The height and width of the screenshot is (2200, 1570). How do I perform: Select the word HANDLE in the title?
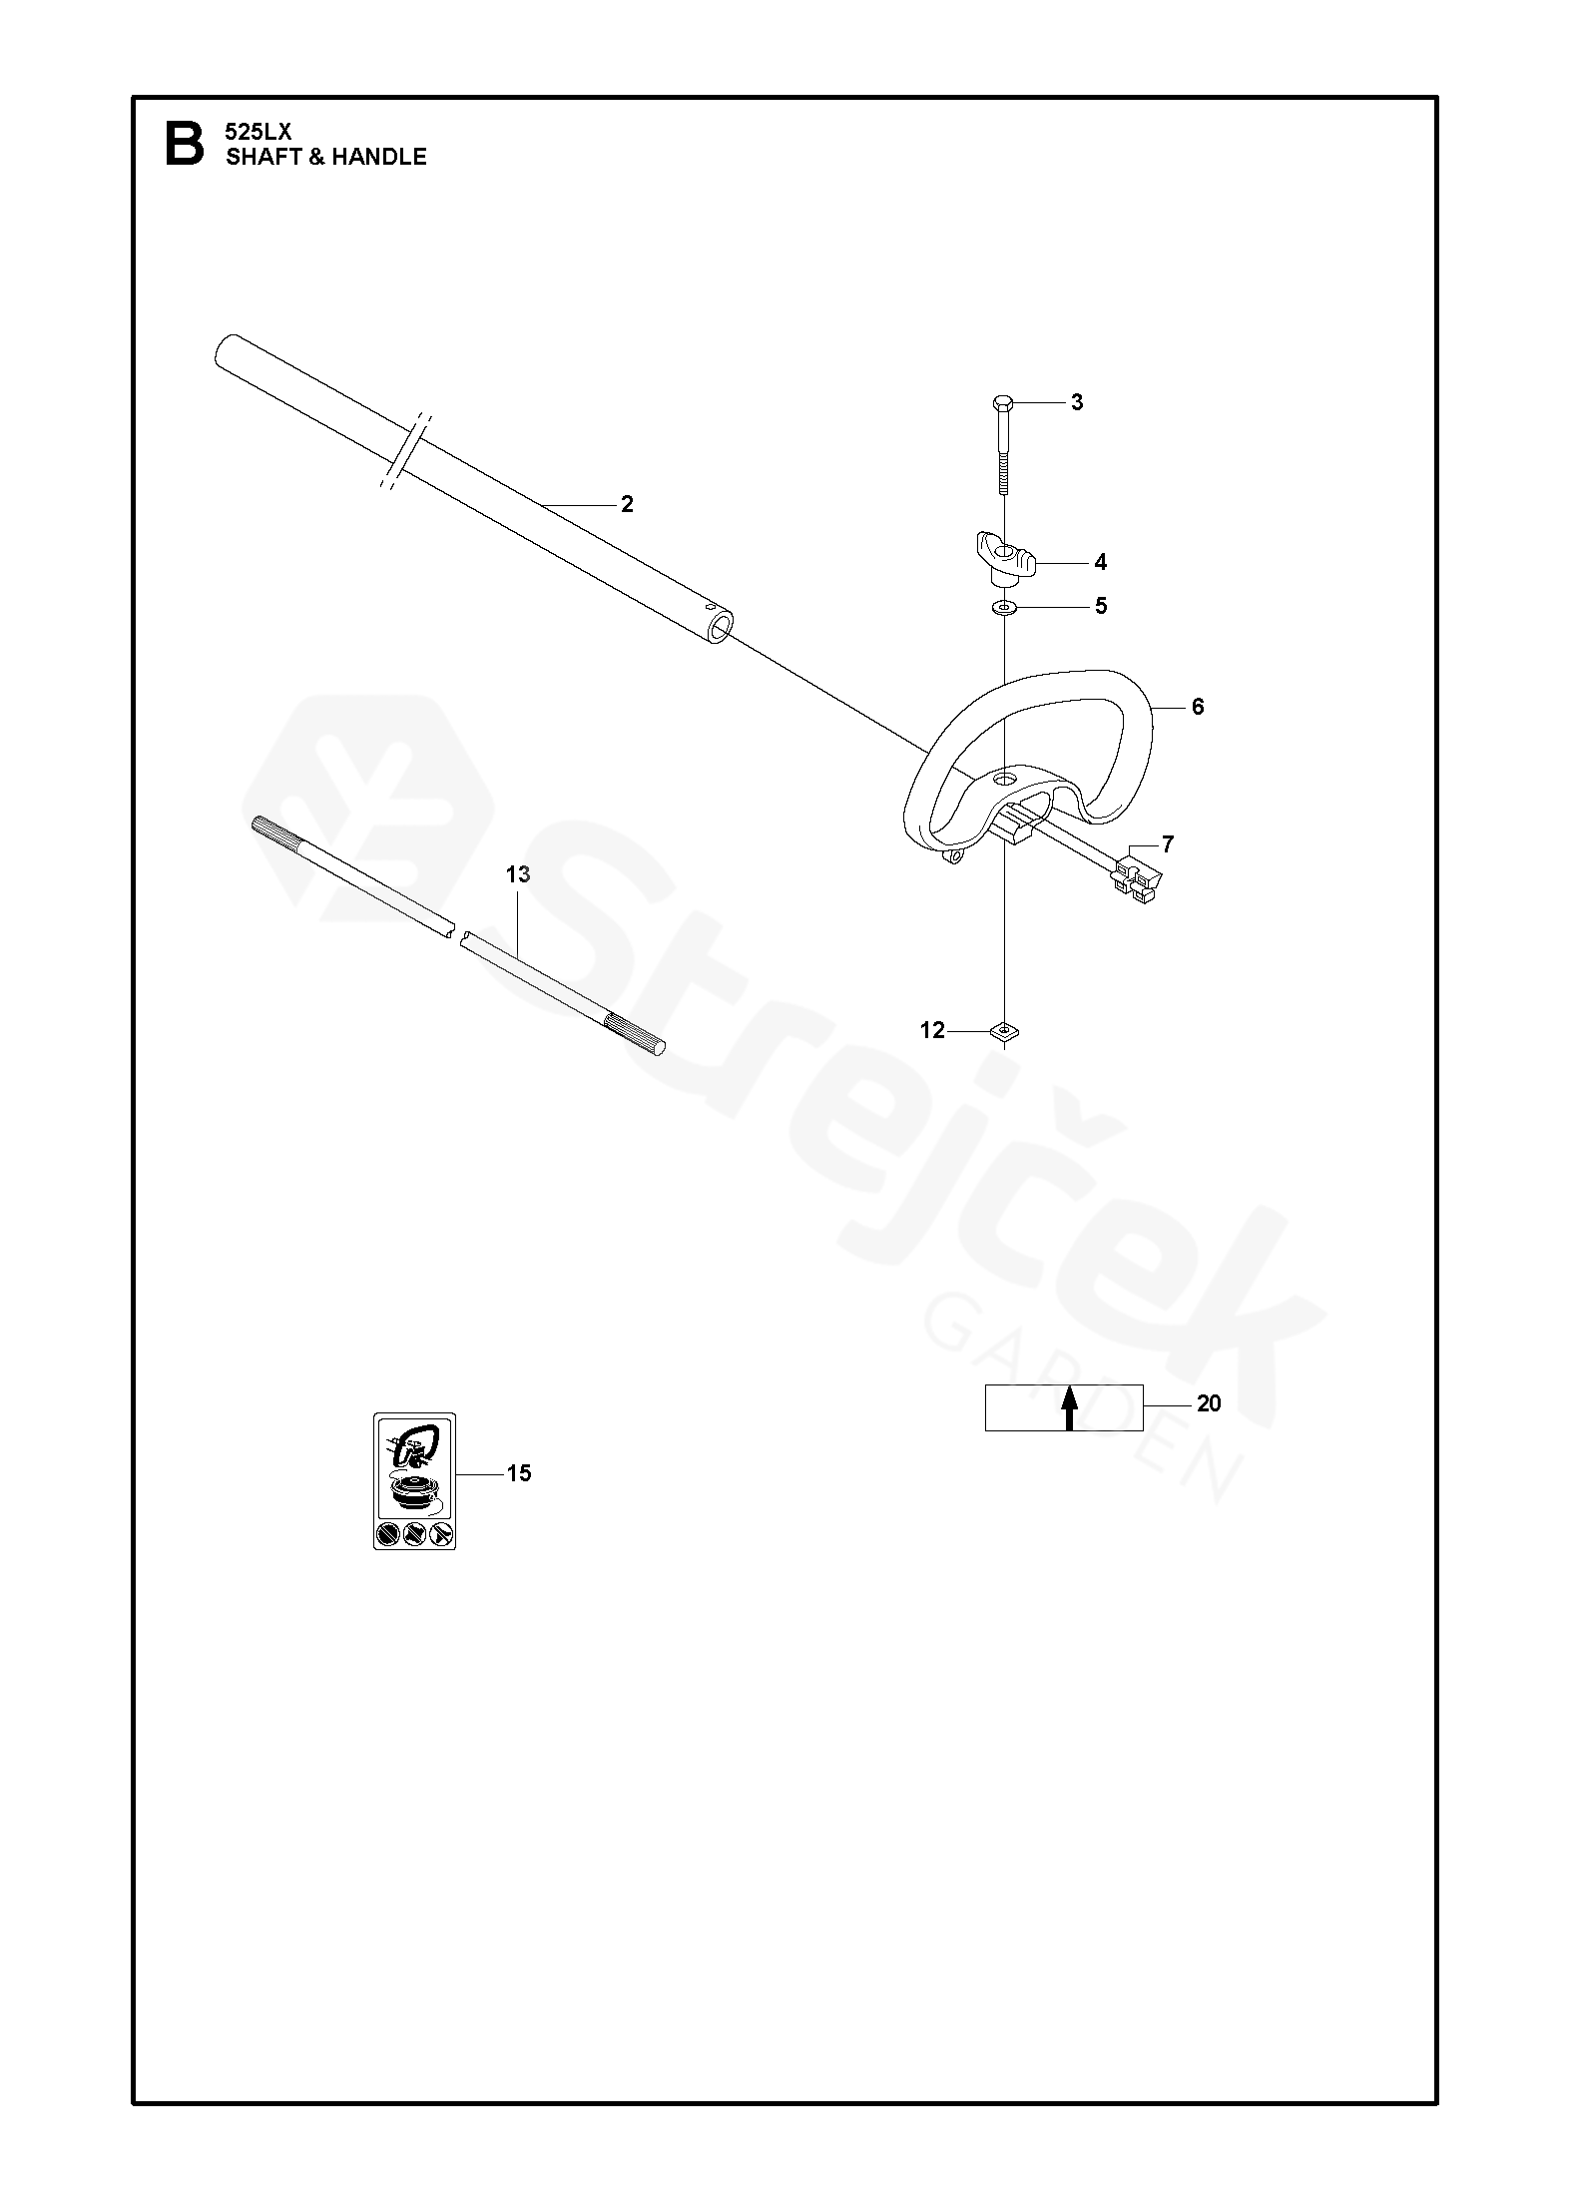tap(379, 157)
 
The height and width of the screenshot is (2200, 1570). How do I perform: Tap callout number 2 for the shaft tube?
tap(627, 505)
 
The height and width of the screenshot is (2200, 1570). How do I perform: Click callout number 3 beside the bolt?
tap(1077, 403)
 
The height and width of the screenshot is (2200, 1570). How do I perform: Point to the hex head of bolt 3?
tap(1004, 403)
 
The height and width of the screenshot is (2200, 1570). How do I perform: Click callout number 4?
tap(1100, 563)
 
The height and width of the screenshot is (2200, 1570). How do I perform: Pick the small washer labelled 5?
tap(1004, 607)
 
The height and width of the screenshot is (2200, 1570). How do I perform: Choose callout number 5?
tap(1101, 607)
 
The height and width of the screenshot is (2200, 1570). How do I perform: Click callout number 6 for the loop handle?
tap(1198, 708)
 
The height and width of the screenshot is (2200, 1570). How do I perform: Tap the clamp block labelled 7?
tap(1138, 875)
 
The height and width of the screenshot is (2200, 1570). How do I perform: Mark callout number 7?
tap(1168, 845)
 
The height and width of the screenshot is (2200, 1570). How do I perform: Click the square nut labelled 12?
tap(1005, 1030)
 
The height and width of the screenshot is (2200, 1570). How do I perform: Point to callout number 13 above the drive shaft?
tap(518, 875)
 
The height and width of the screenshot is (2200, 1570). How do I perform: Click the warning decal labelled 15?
tap(414, 1481)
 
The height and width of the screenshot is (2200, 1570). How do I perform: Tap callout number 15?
tap(519, 1473)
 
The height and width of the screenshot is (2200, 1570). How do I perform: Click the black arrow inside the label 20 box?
tap(1069, 1407)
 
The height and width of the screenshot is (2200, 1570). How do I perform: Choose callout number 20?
tap(1209, 1404)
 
